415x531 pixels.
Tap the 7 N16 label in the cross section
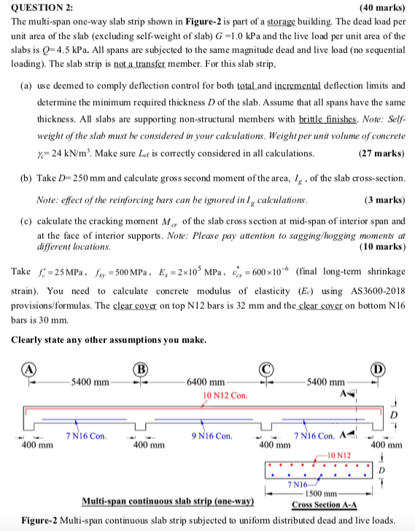click(298, 484)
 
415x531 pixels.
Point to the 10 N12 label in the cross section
click(340, 455)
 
